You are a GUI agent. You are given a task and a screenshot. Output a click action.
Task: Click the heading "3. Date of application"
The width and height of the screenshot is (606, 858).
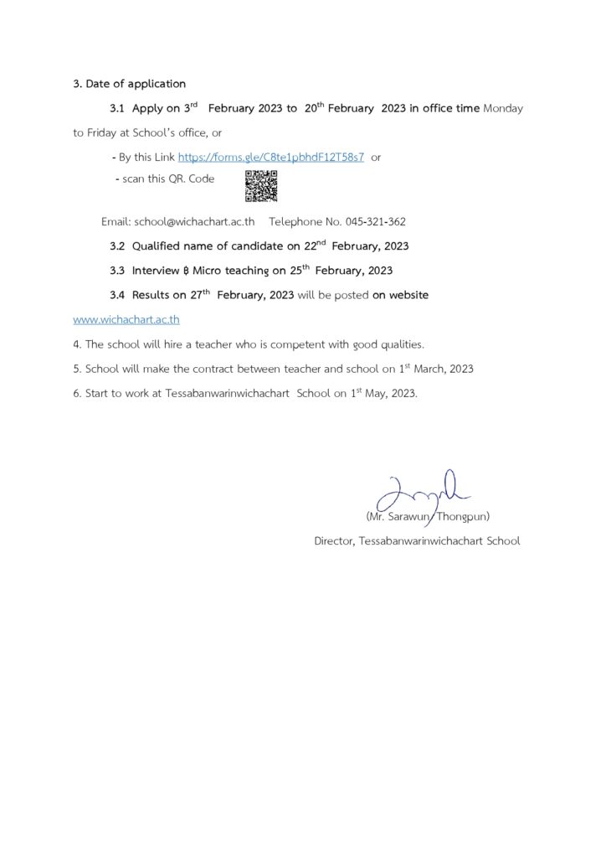pos(129,84)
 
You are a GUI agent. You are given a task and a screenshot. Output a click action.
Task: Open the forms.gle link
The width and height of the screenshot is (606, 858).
pos(270,157)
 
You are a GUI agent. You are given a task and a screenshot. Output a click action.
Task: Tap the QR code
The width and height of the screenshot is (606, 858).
pos(260,186)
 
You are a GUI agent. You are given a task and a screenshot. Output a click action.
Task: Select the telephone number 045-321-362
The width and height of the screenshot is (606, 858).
pos(375,222)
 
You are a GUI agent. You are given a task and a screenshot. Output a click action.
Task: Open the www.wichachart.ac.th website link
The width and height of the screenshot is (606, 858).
pos(126,319)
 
